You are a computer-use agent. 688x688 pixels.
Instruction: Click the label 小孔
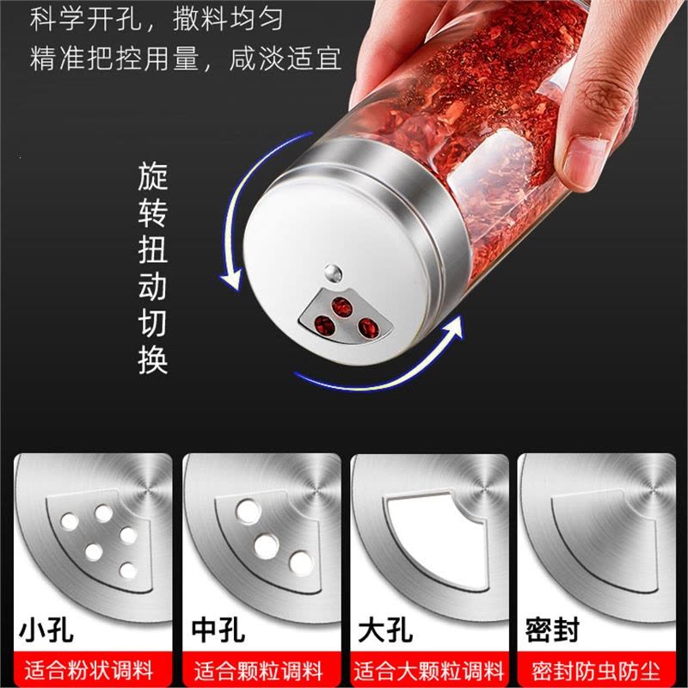click(46, 630)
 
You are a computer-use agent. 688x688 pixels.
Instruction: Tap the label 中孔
click(218, 630)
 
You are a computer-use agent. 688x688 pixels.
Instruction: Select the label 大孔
click(385, 630)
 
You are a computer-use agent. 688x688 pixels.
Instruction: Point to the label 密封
click(552, 630)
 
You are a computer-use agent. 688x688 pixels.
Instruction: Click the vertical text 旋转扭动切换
click(153, 268)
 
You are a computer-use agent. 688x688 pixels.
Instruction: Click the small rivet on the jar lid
click(334, 273)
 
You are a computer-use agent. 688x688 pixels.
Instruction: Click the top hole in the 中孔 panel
click(249, 512)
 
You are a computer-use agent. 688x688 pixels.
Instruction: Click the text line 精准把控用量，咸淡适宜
click(185, 58)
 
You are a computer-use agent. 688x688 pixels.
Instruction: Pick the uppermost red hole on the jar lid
click(341, 307)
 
